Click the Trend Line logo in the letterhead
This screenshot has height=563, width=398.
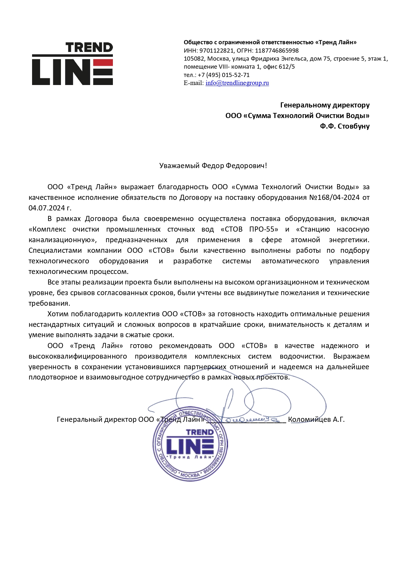[x=72, y=64]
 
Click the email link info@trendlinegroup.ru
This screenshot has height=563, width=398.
[x=237, y=83]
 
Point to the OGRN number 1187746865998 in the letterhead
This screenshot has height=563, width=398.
[x=277, y=51]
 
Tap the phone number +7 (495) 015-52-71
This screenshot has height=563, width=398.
[x=224, y=75]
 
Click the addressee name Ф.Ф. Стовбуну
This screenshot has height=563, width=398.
[x=344, y=126]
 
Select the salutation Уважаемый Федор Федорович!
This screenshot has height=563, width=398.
[x=213, y=166]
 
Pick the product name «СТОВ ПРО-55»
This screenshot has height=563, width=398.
[x=250, y=229]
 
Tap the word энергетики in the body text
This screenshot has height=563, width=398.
[x=349, y=240]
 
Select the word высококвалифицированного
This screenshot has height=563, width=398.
[x=78, y=356]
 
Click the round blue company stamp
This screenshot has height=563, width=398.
[x=190, y=444]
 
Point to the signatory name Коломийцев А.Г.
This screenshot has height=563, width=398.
[x=316, y=420]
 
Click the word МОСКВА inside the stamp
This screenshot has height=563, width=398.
[x=190, y=475]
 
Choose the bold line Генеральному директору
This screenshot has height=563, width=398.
[x=325, y=105]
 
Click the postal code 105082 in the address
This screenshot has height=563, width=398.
[x=194, y=59]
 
